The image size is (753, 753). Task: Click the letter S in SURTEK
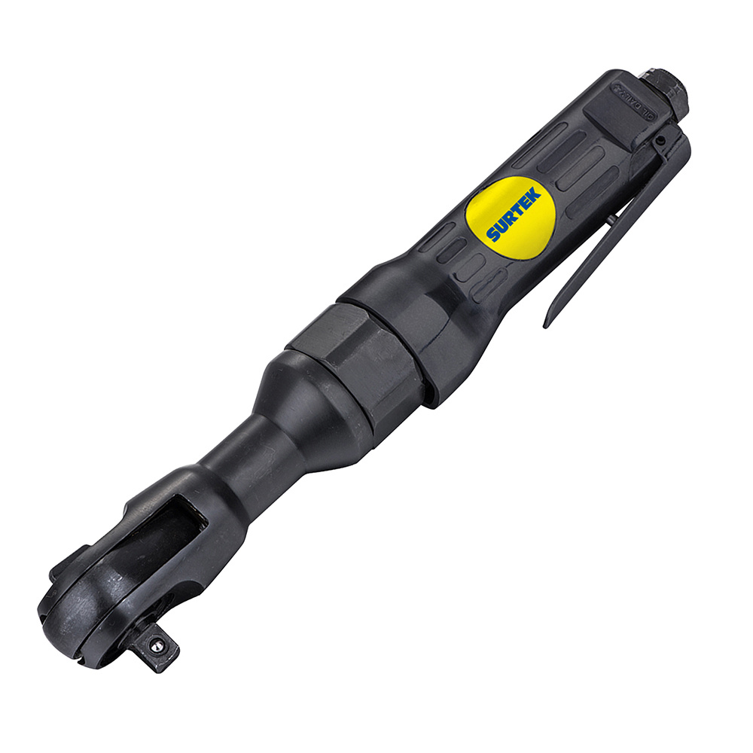coord(492,234)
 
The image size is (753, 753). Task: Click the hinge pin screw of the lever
coord(660,141)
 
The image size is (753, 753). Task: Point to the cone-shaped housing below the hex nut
coord(309,407)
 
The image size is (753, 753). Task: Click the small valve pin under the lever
coord(611,219)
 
